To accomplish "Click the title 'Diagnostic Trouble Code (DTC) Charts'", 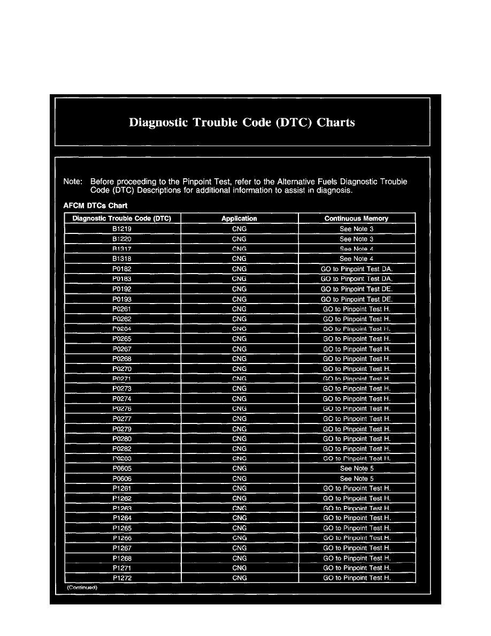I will point(242,123).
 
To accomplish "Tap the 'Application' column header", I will point(239,218).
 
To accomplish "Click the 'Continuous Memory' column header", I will point(356,218).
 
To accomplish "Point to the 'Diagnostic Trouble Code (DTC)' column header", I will point(122,218).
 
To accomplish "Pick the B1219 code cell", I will point(122,229).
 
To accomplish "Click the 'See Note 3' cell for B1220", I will point(356,239).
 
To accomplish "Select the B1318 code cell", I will point(122,259).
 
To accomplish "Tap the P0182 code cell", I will point(122,269).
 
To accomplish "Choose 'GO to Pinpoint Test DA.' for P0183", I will point(356,279).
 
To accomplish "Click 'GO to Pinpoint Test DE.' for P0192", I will point(356,289).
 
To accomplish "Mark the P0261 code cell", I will point(122,309).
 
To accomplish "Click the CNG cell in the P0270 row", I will point(239,369).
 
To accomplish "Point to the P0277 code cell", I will point(122,419).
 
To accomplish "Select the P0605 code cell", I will point(122,468).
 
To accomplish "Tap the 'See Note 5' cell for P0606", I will point(356,479).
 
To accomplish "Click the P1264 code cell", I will point(122,518).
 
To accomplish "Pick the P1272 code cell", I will point(122,578).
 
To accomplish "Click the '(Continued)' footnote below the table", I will point(82,587).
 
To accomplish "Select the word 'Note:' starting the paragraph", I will point(72,182).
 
